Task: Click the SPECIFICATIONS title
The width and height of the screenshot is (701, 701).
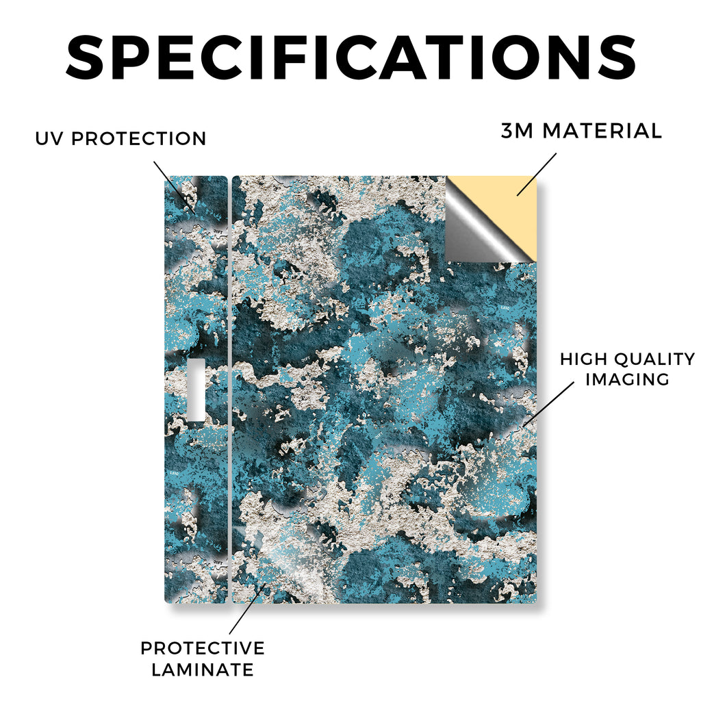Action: [351, 58]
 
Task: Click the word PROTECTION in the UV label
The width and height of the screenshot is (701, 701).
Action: [138, 138]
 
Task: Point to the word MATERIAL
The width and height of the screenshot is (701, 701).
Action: [602, 131]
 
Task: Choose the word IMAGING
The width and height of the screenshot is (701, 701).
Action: [627, 379]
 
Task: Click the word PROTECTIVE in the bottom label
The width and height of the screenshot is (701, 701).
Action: [203, 648]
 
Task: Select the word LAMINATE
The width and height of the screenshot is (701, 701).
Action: [203, 670]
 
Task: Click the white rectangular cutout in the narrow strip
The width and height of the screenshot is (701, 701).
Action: [196, 390]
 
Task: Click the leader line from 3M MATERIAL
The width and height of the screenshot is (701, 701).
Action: [537, 175]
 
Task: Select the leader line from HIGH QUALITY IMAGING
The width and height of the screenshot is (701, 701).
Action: [548, 404]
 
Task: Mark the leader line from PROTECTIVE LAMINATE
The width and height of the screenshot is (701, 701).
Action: [247, 609]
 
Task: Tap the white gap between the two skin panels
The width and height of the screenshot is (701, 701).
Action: [230, 390]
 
